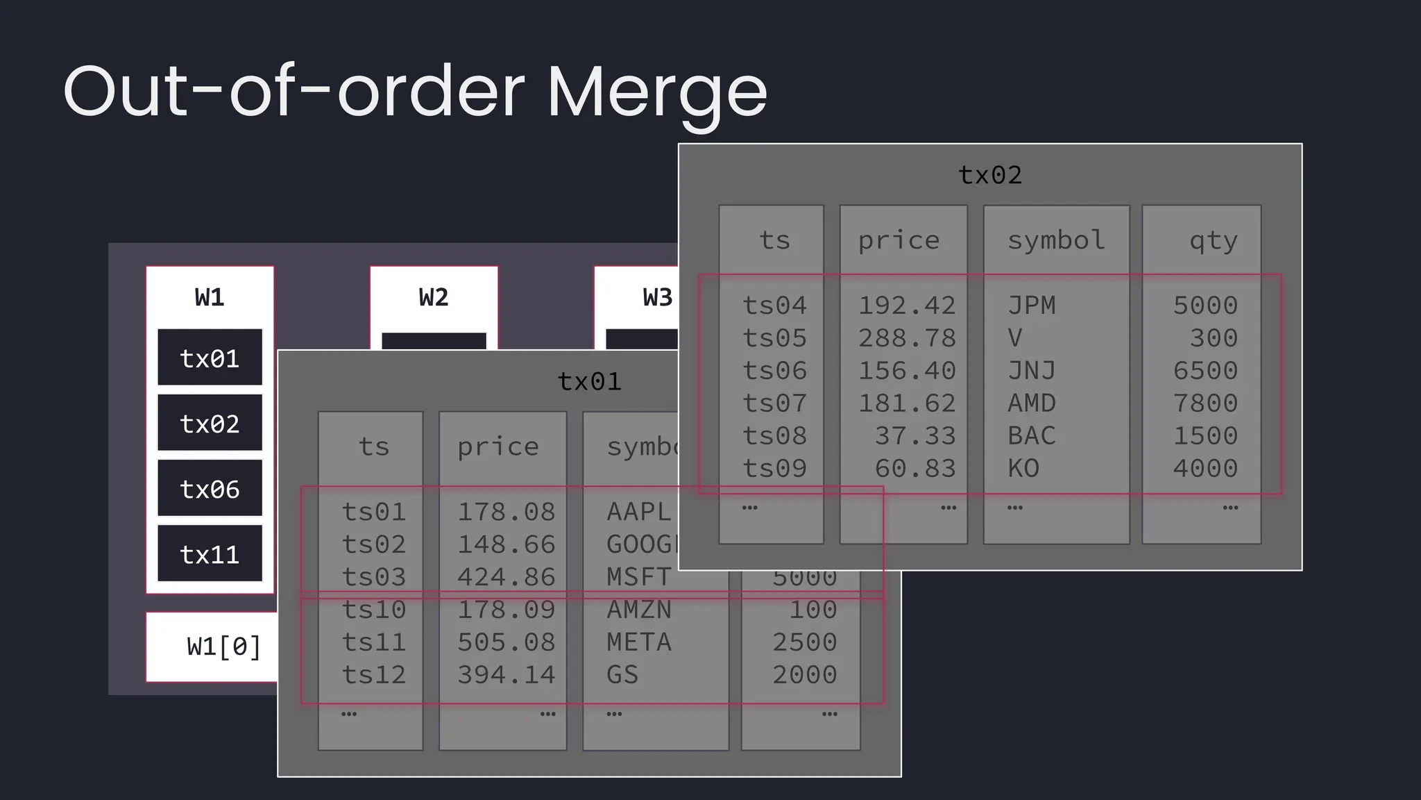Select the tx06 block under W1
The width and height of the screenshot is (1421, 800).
click(x=210, y=490)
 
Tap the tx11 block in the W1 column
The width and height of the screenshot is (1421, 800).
click(x=210, y=555)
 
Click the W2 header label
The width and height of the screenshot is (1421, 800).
click(x=434, y=298)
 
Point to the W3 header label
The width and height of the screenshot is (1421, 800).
click(x=657, y=298)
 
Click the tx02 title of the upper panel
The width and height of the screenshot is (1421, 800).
click(x=990, y=175)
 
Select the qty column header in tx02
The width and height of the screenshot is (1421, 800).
click(x=1213, y=240)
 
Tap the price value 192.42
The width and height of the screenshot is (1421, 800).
click(x=907, y=306)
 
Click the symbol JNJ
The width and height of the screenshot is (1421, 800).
click(x=1032, y=371)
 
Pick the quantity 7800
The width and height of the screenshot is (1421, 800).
click(x=1205, y=403)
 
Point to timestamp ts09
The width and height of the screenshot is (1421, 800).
click(x=774, y=469)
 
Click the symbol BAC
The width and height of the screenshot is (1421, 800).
click(x=1032, y=436)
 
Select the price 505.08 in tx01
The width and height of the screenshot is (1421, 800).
click(x=506, y=642)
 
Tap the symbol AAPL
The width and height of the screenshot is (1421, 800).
click(x=638, y=512)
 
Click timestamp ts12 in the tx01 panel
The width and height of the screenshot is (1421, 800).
click(x=373, y=675)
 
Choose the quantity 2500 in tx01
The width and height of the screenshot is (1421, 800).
click(x=805, y=642)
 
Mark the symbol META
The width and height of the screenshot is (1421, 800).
click(x=638, y=642)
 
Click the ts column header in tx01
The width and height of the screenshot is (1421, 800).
click(x=373, y=447)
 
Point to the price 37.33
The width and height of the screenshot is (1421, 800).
click(x=915, y=436)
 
